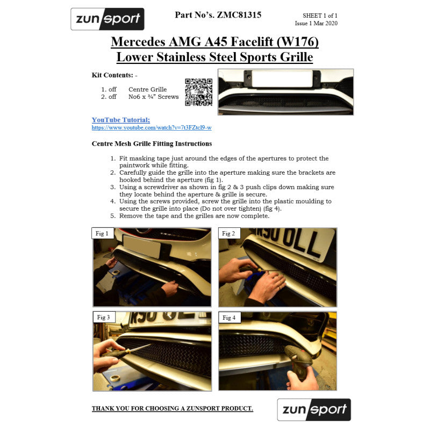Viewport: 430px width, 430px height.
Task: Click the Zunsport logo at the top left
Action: coord(107,19)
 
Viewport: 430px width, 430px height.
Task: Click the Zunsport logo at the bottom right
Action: coord(314,410)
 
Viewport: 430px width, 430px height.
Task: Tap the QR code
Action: coord(198,92)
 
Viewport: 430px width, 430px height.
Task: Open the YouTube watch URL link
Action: coord(151,128)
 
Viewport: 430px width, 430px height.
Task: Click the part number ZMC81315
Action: coord(239,15)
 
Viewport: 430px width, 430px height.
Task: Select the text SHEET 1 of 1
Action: coord(320,17)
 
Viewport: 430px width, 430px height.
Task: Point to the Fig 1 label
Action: coord(102,233)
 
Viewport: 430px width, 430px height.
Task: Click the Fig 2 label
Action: coord(228,233)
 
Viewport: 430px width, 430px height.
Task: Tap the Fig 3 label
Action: coord(103,317)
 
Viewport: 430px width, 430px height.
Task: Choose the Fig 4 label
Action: coord(228,318)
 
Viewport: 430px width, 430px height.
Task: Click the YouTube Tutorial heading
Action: coord(121,120)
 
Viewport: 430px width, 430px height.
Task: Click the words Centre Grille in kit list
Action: coord(147,89)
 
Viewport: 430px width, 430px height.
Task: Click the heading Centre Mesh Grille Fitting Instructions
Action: coord(152,144)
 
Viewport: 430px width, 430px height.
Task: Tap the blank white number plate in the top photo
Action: coord(282,78)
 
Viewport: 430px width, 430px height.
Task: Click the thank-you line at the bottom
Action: coord(172,408)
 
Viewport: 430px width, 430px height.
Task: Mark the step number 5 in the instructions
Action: coord(113,216)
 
